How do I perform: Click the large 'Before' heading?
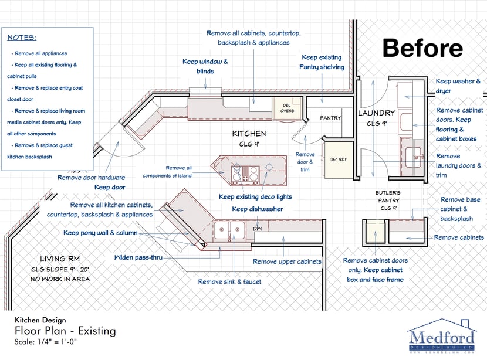422,48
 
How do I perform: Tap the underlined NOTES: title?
22,38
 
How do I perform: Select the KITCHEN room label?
249,134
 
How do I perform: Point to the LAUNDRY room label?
377,113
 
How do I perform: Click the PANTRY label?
330,118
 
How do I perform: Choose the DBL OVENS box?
287,108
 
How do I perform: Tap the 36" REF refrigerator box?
339,159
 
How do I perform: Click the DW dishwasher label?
257,229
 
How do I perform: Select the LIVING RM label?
60,259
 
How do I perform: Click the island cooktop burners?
245,174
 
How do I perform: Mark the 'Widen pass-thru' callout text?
138,257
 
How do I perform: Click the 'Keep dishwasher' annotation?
258,209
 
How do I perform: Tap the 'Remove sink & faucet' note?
229,282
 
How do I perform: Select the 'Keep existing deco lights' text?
255,197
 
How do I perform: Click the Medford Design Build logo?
442,336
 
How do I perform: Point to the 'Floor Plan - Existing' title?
65,331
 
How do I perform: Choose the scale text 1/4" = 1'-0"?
57,342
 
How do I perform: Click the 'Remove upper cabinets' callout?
287,261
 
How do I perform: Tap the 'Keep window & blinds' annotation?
205,66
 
